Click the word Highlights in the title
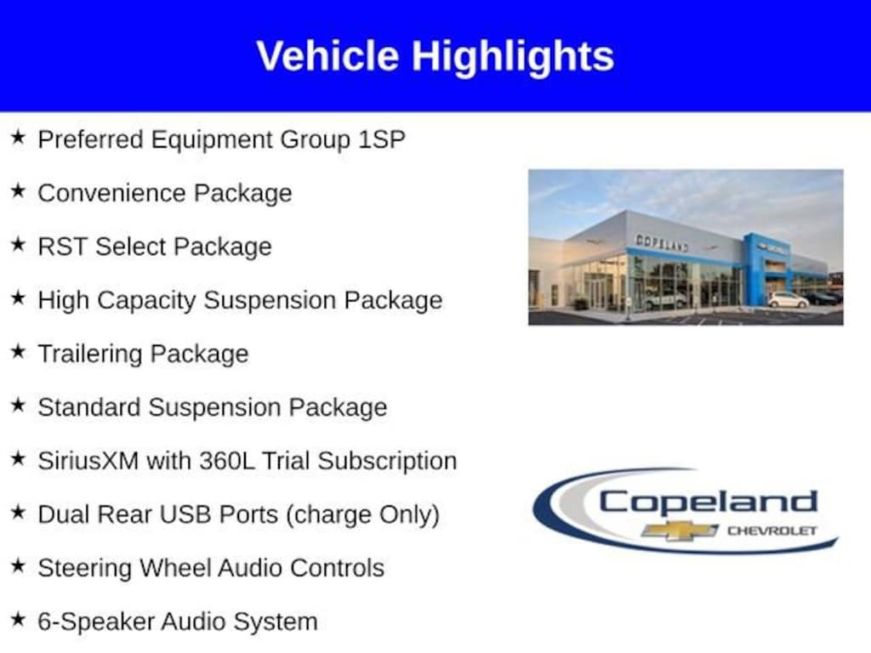(x=513, y=57)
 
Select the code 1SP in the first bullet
(x=382, y=139)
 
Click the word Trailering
(x=90, y=355)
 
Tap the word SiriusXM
(x=88, y=461)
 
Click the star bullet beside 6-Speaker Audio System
(x=19, y=619)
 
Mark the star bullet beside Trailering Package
(x=19, y=351)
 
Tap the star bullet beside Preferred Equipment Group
(x=19, y=137)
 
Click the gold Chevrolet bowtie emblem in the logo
(x=680, y=531)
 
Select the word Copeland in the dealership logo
(x=708, y=502)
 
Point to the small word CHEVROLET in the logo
(x=772, y=531)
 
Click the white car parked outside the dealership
(x=788, y=300)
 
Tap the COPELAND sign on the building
(x=662, y=242)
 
